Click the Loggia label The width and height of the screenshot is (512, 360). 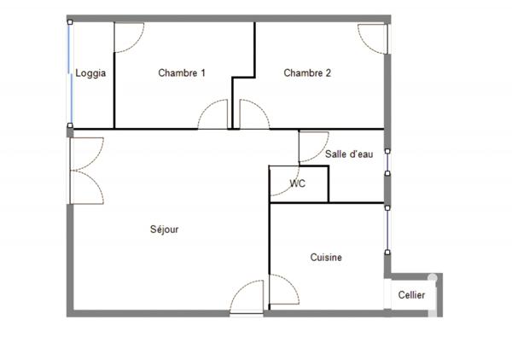pos(90,73)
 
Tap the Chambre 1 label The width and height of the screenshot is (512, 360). pos(182,73)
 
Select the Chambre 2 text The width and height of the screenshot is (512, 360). pos(307,73)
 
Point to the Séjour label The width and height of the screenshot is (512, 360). pos(164,229)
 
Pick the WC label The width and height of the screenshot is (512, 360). pos(298,183)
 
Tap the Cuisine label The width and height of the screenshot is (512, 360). pos(326,258)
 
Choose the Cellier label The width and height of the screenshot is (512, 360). pos(411,295)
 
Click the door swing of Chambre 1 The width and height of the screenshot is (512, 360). pos(213,116)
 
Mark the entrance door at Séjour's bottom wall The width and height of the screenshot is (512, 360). pos(247,299)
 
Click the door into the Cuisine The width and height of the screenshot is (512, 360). pos(282,291)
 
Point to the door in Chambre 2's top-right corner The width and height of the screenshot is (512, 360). pos(372,38)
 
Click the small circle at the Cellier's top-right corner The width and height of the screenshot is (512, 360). pos(433,278)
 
